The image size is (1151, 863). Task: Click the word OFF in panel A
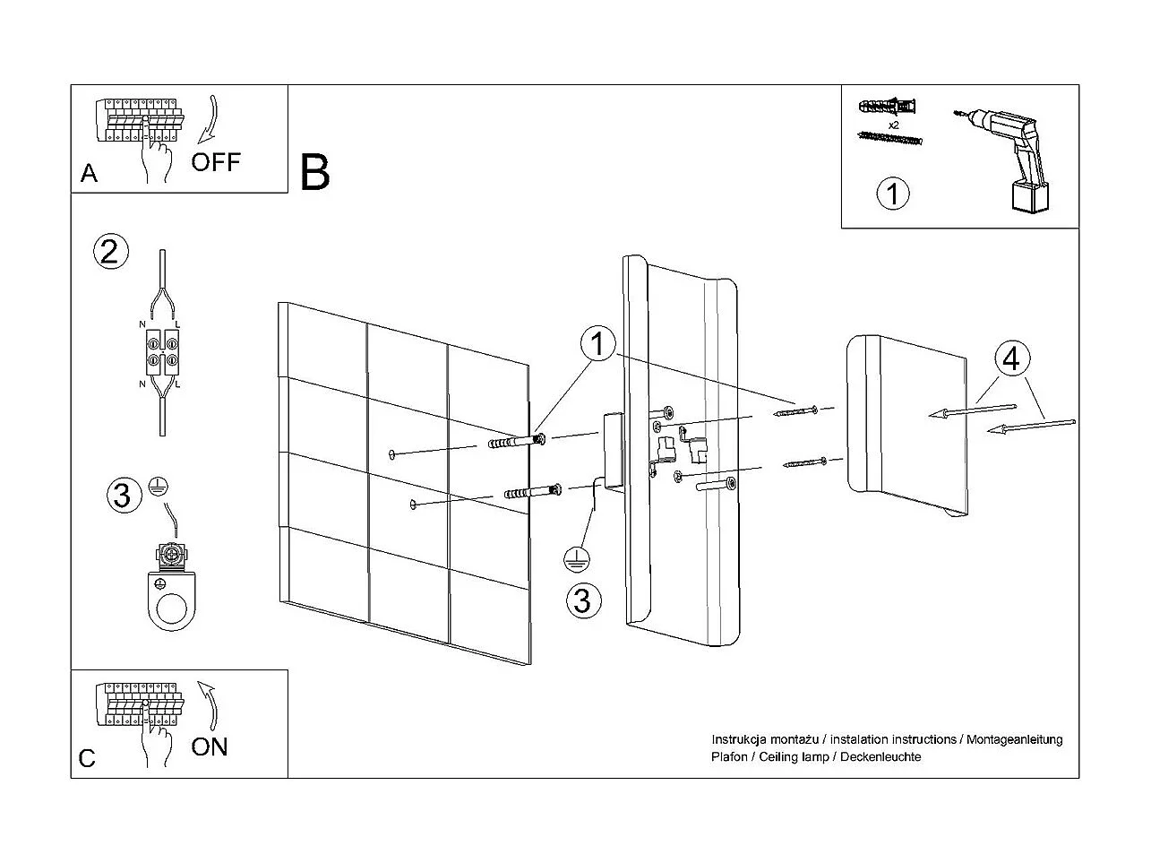pyautogui.click(x=216, y=162)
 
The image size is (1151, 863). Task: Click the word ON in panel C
pyautogui.click(x=210, y=746)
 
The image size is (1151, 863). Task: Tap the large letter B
pyautogui.click(x=315, y=172)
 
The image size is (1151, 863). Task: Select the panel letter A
pyautogui.click(x=89, y=173)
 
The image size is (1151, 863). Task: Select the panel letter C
pyautogui.click(x=87, y=758)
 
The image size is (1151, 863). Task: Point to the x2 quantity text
pyautogui.click(x=894, y=125)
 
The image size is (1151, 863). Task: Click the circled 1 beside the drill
pyautogui.click(x=892, y=194)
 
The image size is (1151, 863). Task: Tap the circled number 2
pyautogui.click(x=111, y=252)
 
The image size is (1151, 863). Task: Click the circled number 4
pyautogui.click(x=1011, y=359)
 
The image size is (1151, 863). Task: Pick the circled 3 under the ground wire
pyautogui.click(x=583, y=600)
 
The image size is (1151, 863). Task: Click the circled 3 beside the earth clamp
pyautogui.click(x=124, y=495)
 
